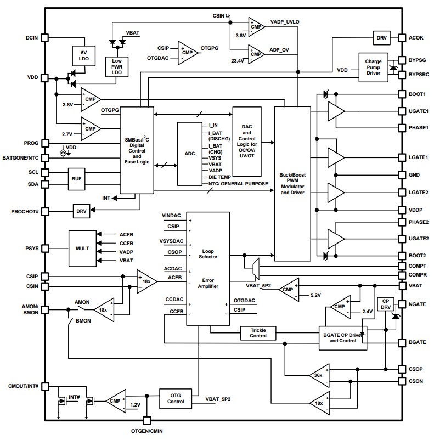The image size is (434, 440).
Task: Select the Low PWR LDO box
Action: pos(117,67)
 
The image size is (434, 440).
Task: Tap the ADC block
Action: pos(189,154)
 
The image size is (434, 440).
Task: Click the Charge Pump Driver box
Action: pos(373,68)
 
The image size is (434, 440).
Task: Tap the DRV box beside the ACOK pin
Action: pos(381,38)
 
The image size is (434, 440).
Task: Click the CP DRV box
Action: pos(386,305)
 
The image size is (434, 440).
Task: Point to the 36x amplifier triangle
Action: pos(318,375)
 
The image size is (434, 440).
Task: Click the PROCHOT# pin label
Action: pos(23,211)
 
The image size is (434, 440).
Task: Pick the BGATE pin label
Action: pos(418,342)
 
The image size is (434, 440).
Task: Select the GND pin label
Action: pos(415,175)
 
